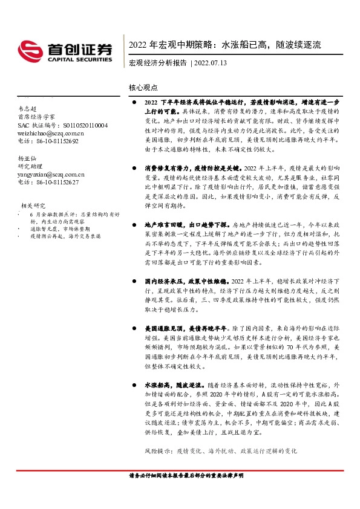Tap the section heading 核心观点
click(143, 87)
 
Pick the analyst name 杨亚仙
click(27, 159)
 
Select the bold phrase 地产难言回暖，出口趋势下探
click(185, 224)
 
